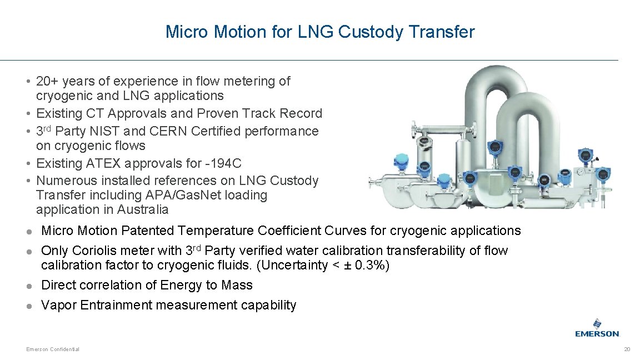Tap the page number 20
coord(627,349)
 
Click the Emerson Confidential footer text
coord(53,349)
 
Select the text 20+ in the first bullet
coord(47,82)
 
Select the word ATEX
coord(123,164)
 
